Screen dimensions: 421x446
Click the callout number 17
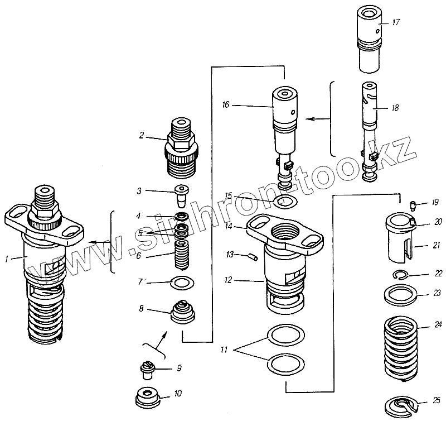pyautogui.click(x=396, y=22)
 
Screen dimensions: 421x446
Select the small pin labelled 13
pyautogui.click(x=251, y=257)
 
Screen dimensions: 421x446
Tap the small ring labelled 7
pyautogui.click(x=182, y=283)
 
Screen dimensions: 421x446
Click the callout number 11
pyautogui.click(x=224, y=350)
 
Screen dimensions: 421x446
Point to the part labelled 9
pyautogui.click(x=149, y=369)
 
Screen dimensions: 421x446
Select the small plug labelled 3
pyautogui.click(x=182, y=195)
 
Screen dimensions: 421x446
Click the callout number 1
pyautogui.click(x=7, y=259)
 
